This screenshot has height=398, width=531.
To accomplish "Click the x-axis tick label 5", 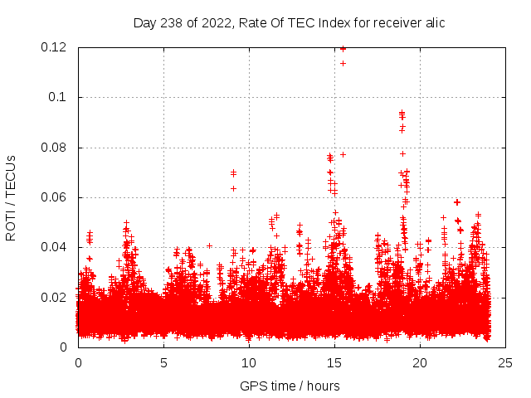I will (x=163, y=362).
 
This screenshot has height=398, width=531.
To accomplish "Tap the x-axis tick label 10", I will (x=249, y=362).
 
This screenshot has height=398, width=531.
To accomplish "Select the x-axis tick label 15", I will (x=334, y=362).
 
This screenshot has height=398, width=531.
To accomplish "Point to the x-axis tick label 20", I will (x=420, y=362).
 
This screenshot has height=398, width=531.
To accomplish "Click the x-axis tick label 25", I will (x=505, y=362).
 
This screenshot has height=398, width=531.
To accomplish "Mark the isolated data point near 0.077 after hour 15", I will (x=343, y=154).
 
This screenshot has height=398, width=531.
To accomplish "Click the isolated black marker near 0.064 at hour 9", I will (x=234, y=188).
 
